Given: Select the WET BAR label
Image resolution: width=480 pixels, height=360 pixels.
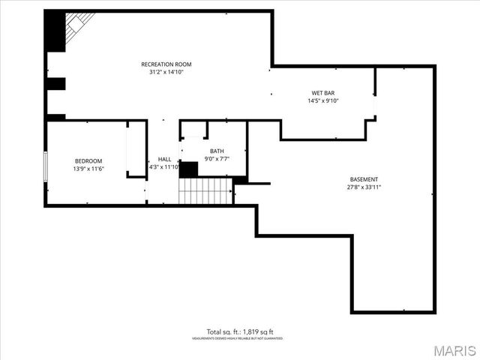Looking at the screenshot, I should (x=323, y=92).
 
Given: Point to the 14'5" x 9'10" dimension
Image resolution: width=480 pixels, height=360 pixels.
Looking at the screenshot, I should (x=323, y=100).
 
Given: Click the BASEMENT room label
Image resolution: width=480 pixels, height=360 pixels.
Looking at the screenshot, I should (x=364, y=179).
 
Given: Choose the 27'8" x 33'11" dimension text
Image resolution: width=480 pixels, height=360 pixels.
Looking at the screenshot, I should (x=364, y=187).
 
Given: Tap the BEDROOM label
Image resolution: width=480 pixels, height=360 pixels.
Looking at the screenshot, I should (x=88, y=161).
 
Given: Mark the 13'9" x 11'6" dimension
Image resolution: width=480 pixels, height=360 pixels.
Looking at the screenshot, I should (x=88, y=169).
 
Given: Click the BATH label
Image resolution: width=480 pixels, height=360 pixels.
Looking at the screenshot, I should (x=217, y=151).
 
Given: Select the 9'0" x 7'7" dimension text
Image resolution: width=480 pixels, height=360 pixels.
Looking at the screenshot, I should (x=217, y=159).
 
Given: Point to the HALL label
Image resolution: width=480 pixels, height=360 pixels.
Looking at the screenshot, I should (x=164, y=159).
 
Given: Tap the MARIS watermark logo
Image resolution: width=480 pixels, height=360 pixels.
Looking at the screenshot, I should (x=453, y=350).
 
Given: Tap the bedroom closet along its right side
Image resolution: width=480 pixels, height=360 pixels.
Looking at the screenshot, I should (x=136, y=150).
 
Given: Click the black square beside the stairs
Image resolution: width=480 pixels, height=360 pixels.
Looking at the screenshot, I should (x=189, y=169).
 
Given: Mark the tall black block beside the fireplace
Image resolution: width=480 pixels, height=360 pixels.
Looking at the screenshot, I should (x=55, y=31).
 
